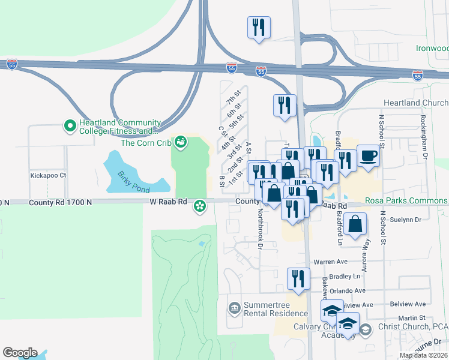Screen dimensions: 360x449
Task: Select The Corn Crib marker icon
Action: (180, 142)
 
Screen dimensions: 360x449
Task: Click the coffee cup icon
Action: (368, 156)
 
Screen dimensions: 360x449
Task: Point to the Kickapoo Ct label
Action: (48, 176)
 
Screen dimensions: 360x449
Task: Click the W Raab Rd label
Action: (169, 203)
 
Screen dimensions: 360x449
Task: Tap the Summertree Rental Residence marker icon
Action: (234, 308)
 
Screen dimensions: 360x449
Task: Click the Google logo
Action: (20, 353)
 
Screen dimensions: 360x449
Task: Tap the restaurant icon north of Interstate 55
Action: (259, 27)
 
